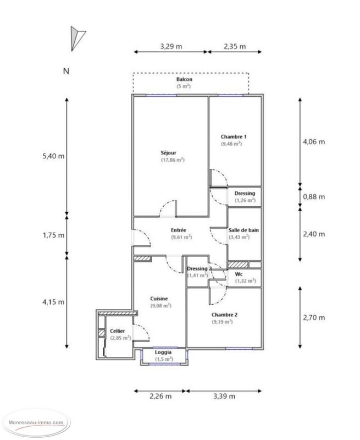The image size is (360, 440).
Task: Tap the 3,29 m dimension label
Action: [x=170, y=46]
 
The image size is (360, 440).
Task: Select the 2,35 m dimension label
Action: [x=234, y=46]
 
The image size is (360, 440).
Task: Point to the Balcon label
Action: [x=184, y=79]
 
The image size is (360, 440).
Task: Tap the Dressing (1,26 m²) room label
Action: [x=245, y=194]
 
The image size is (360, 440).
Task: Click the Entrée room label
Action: [x=179, y=230]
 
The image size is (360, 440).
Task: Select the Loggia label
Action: [x=163, y=352]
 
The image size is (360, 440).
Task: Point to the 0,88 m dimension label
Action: [x=314, y=196]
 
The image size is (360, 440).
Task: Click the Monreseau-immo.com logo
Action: [x=37, y=422]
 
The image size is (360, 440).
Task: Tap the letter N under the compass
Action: [x=67, y=71]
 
